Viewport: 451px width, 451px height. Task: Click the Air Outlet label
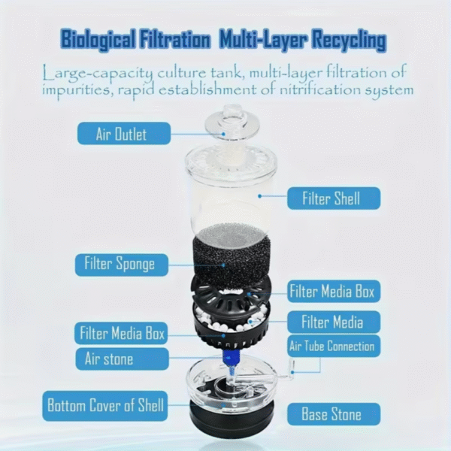pos(121,135)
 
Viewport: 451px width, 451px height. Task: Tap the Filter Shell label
pos(333,198)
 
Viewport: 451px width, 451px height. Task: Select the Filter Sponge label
pos(121,265)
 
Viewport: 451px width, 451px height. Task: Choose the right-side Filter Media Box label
pos(333,291)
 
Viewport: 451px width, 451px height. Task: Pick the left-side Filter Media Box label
pos(121,332)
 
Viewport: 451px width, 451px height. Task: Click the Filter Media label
pos(333,322)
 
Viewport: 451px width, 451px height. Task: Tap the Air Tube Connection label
pos(333,347)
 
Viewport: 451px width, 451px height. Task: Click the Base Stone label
pos(333,414)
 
